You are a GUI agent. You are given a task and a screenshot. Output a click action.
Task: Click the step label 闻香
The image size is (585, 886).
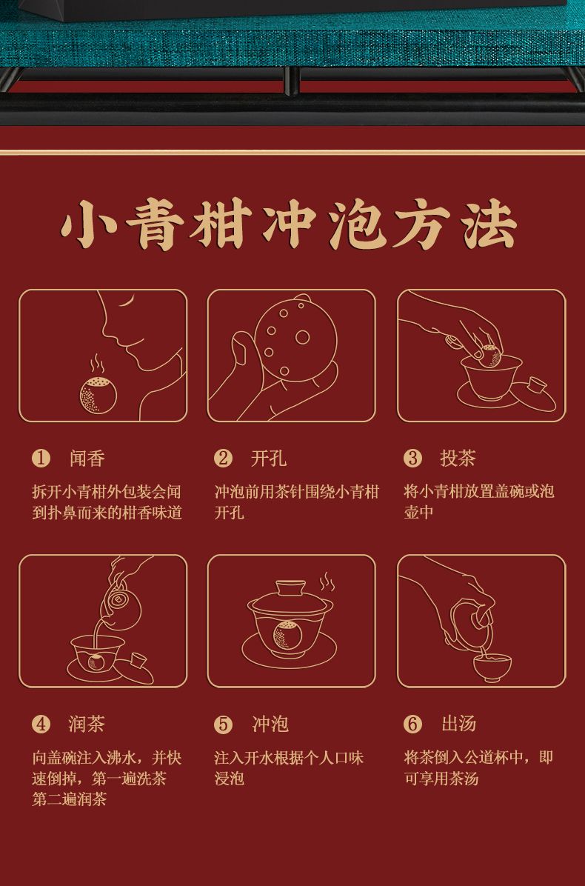click(x=87, y=459)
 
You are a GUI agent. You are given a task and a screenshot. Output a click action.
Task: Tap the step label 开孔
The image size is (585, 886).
click(x=269, y=459)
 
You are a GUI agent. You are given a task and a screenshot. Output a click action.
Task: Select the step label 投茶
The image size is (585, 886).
click(x=458, y=459)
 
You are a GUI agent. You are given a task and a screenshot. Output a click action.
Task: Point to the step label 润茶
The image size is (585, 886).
click(x=87, y=724)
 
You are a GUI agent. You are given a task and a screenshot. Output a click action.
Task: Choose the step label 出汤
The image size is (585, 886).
click(x=458, y=724)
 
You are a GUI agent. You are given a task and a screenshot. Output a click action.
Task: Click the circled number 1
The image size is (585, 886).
click(x=41, y=459)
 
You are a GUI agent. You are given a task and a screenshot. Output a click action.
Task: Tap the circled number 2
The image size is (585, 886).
click(x=223, y=459)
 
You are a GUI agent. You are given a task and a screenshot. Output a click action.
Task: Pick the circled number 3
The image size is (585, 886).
click(x=412, y=459)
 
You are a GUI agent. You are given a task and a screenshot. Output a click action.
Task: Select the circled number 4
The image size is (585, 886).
click(x=41, y=725)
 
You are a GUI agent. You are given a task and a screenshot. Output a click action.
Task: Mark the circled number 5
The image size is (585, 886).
click(x=223, y=725)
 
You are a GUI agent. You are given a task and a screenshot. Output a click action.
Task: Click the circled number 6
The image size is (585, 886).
click(x=412, y=725)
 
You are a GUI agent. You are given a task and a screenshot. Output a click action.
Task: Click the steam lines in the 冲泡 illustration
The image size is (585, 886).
click(x=327, y=582)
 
